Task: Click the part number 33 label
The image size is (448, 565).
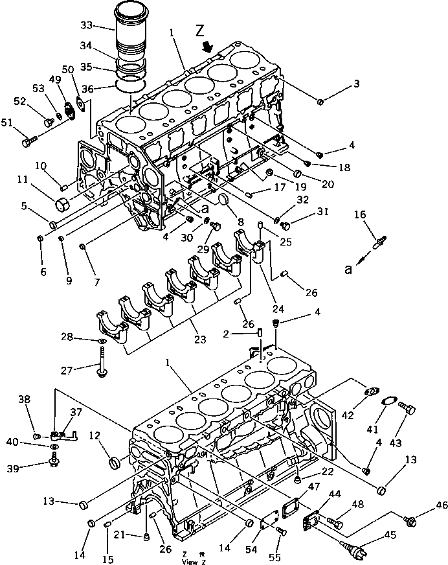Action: pyautogui.click(x=87, y=27)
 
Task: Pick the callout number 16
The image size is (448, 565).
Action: pyautogui.click(x=359, y=214)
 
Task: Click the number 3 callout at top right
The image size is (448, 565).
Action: pyautogui.click(x=357, y=84)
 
